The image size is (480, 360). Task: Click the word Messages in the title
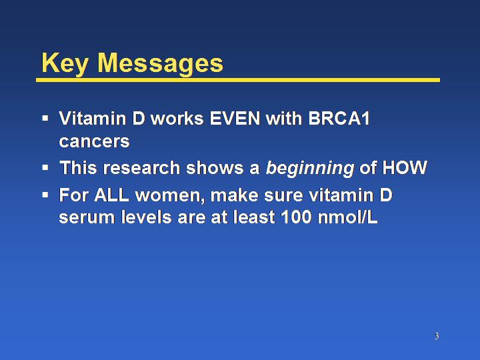[161, 63]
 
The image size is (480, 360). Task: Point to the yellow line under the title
[238, 80]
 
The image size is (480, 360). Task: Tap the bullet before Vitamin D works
[45, 118]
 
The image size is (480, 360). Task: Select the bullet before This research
[45, 167]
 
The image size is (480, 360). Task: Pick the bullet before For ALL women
[45, 195]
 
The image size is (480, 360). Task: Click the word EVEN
[235, 118]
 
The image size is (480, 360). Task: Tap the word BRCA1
[339, 118]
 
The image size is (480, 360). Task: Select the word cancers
[94, 141]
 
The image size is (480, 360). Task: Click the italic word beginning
[310, 169]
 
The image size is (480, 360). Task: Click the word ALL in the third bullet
[111, 195]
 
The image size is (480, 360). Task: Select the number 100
[296, 217]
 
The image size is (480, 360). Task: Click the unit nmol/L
[347, 217]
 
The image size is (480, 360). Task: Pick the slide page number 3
[437, 336]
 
